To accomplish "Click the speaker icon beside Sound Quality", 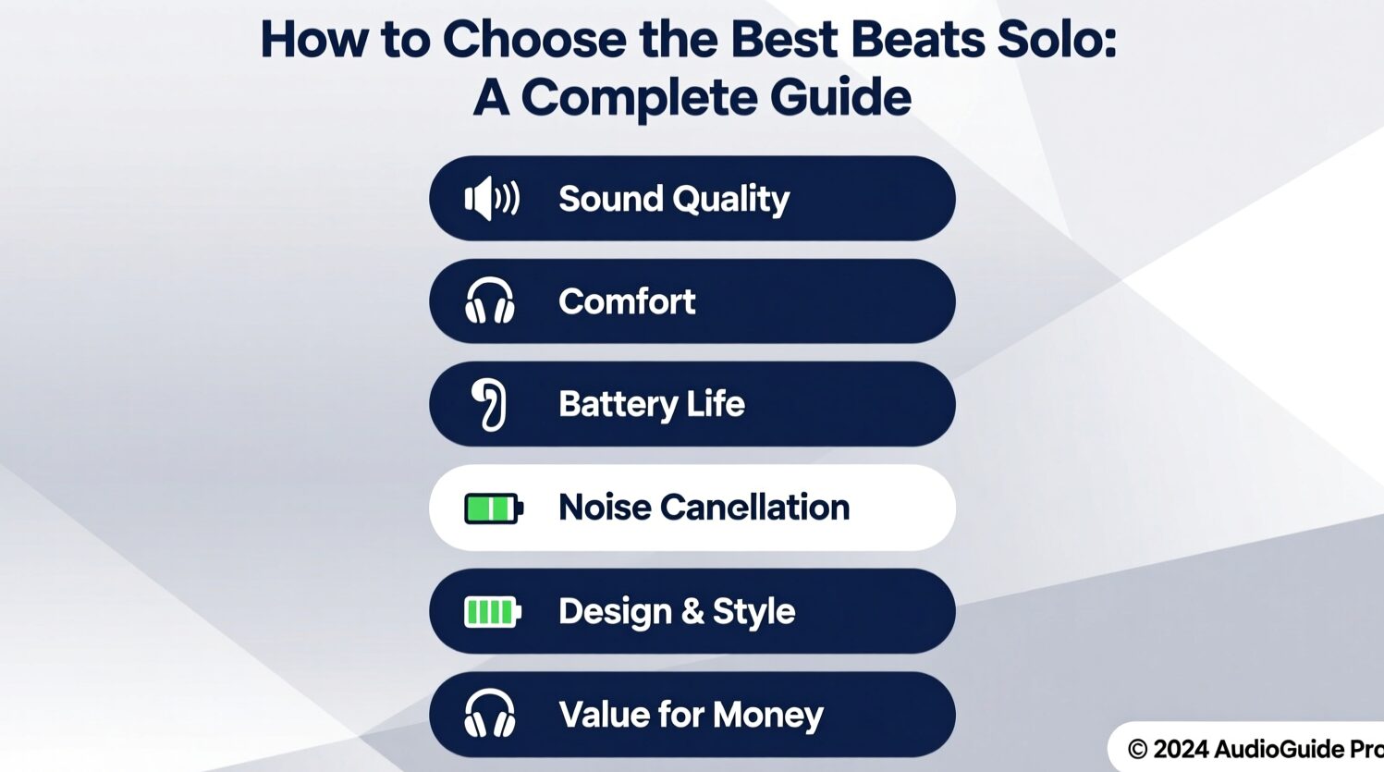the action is [492, 199].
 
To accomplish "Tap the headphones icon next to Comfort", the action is [490, 300].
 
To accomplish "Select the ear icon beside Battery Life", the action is [489, 404].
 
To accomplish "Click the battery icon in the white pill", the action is [494, 509].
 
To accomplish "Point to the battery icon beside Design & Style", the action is [493, 612].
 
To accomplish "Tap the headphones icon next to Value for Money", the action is [490, 713].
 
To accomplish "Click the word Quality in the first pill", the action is [731, 200].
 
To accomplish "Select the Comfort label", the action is [627, 301].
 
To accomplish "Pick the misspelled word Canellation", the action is [755, 507].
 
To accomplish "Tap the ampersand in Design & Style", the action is [692, 611].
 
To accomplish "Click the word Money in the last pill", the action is [768, 716].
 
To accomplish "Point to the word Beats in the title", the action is [917, 40].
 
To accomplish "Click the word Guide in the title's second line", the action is [840, 97].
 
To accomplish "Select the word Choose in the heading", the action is [534, 40].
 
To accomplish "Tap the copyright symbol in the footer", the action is [1137, 749].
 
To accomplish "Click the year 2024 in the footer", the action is [1181, 749].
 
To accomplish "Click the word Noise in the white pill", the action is [605, 507].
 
